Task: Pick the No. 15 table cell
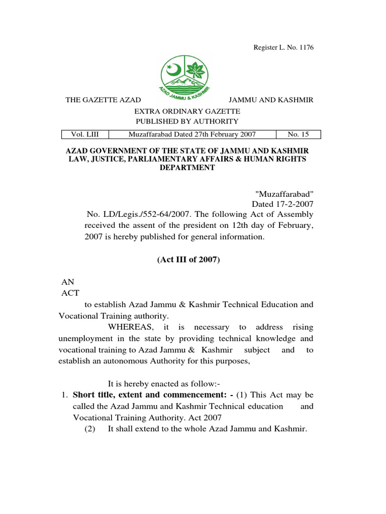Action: click(299, 135)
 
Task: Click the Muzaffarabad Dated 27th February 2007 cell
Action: click(192, 135)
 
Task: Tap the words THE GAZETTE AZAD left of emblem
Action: click(103, 100)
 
